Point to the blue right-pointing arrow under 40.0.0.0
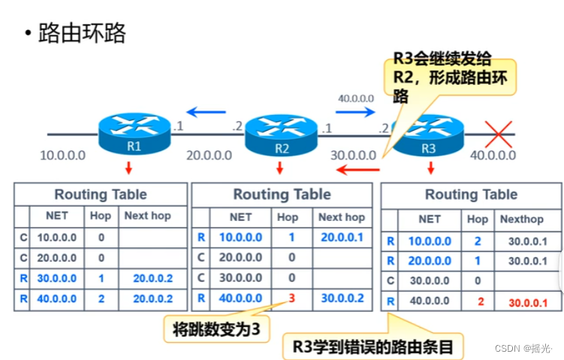coord(354,113)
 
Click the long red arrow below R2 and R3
coord(357,170)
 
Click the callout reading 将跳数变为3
coord(216,328)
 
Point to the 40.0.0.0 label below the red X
coord(493,156)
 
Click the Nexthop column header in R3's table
coord(521,219)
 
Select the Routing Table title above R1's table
coord(102,195)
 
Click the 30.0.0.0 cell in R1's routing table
coord(56,278)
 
